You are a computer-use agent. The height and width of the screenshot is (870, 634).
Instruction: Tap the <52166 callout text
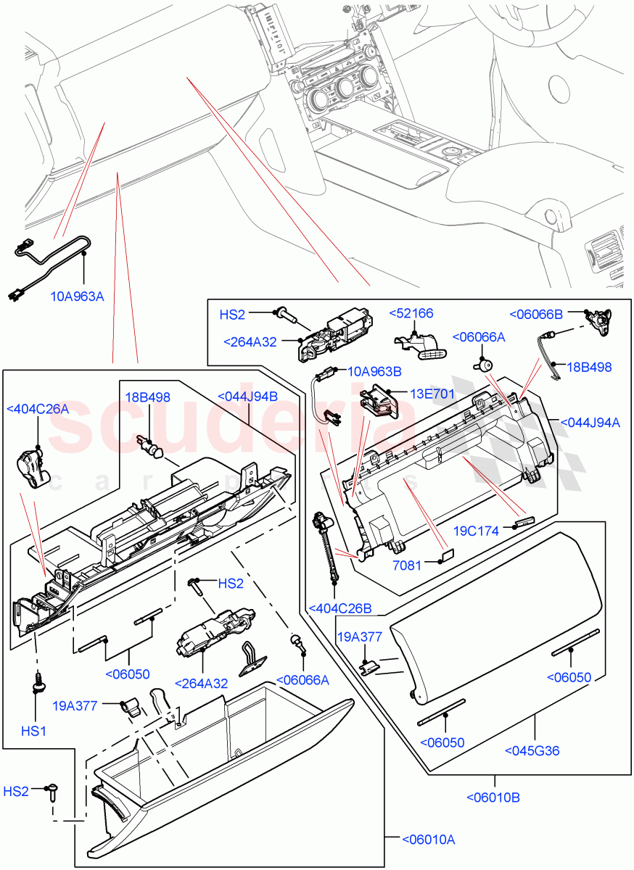click(x=411, y=313)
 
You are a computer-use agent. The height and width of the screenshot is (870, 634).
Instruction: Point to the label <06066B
click(x=536, y=314)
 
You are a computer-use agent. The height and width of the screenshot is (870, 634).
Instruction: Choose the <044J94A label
click(x=590, y=423)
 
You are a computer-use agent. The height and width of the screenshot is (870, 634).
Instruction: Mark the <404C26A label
click(x=38, y=409)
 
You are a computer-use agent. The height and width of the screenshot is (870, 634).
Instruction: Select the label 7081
click(x=406, y=565)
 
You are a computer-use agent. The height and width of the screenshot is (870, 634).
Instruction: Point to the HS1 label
click(x=33, y=731)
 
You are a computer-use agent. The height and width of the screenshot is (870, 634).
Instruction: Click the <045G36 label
click(x=532, y=750)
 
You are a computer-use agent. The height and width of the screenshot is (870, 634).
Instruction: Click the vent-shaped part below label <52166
click(x=420, y=344)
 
